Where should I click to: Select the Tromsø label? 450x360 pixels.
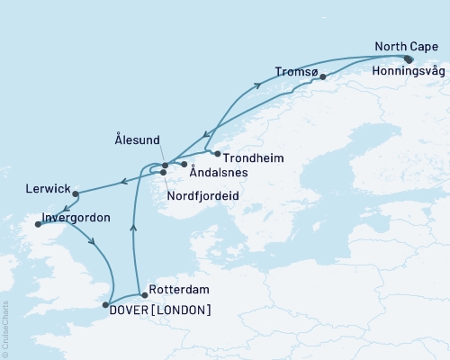(x=295, y=70)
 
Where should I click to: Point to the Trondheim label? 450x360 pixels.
(x=253, y=157)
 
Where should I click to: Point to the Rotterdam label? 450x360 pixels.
(x=179, y=291)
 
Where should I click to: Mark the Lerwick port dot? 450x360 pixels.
(x=76, y=193)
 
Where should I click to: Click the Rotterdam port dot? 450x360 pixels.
(x=144, y=294)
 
